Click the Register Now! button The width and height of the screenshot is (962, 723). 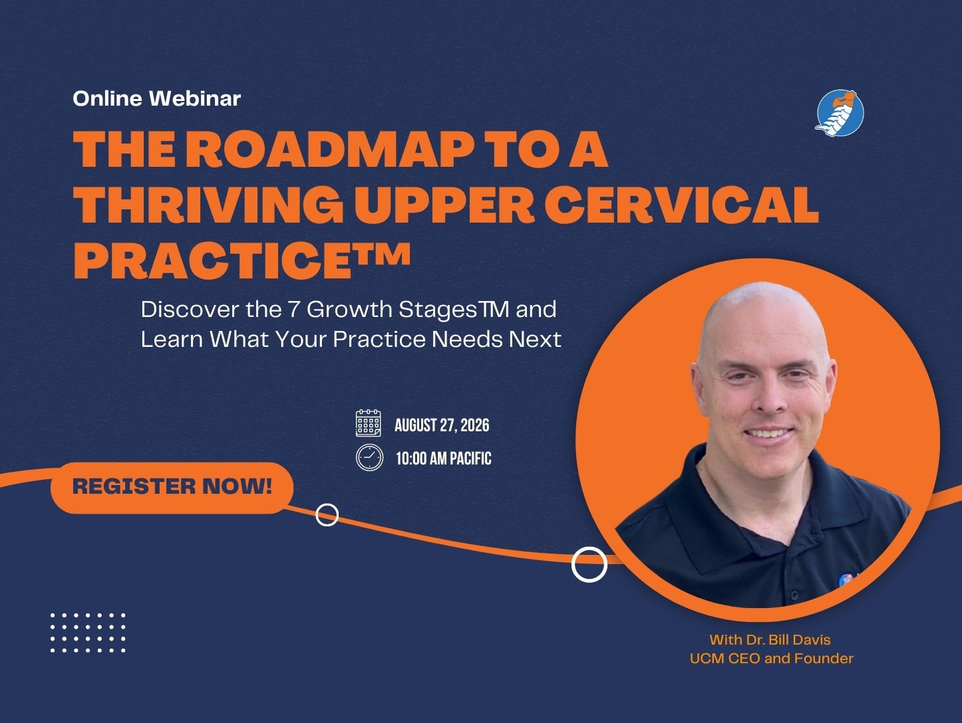[x=172, y=488]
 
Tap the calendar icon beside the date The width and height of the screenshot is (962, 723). [x=368, y=423]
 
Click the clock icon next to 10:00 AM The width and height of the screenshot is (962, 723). [x=369, y=458]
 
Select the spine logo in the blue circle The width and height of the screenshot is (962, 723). [x=840, y=114]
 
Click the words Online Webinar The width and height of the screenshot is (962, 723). [x=156, y=98]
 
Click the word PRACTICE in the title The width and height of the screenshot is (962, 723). [x=213, y=260]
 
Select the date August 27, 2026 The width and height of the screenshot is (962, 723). [x=442, y=425]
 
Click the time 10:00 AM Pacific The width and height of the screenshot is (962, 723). [x=444, y=459]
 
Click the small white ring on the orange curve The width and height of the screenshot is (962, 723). [x=327, y=515]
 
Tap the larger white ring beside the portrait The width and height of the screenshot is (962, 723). [x=589, y=564]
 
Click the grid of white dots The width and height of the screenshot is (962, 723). [x=88, y=633]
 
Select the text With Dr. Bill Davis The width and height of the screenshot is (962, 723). [x=770, y=640]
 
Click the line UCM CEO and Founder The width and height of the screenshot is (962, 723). [x=771, y=659]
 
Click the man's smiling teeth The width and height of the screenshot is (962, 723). [x=769, y=434]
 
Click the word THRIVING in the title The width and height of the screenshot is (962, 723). [x=209, y=205]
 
